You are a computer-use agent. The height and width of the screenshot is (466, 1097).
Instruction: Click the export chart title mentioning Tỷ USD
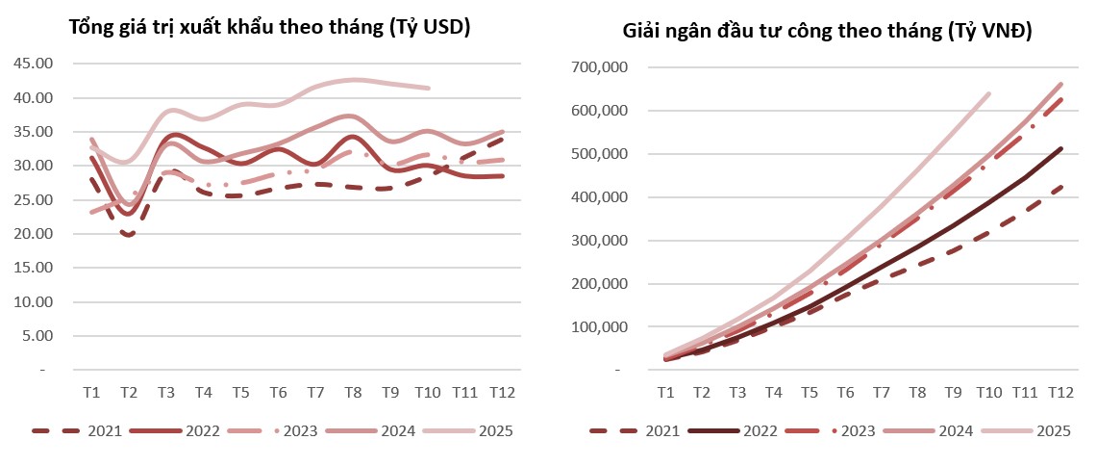tap(269, 28)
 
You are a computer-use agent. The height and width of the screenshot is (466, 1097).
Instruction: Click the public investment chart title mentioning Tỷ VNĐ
tap(827, 32)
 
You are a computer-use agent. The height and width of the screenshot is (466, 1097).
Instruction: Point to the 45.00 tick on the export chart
tap(36, 65)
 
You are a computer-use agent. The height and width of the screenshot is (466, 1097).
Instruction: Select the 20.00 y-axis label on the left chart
tap(36, 234)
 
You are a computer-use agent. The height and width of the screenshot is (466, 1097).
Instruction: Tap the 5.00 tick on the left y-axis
tap(38, 336)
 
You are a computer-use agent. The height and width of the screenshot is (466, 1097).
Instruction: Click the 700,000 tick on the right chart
tap(600, 68)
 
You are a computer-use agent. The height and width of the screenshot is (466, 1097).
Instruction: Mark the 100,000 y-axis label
tap(600, 327)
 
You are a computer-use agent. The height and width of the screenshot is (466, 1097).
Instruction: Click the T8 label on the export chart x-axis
tap(353, 393)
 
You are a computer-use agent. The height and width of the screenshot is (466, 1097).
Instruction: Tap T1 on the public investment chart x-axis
tap(665, 393)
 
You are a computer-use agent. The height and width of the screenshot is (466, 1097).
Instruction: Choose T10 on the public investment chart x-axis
tap(989, 393)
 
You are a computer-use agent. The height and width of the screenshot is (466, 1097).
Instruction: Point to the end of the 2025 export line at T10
tap(428, 88)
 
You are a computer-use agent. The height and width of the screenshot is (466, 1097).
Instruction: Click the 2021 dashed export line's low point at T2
tap(128, 234)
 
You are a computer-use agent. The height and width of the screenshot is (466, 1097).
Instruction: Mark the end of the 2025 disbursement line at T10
tap(989, 93)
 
